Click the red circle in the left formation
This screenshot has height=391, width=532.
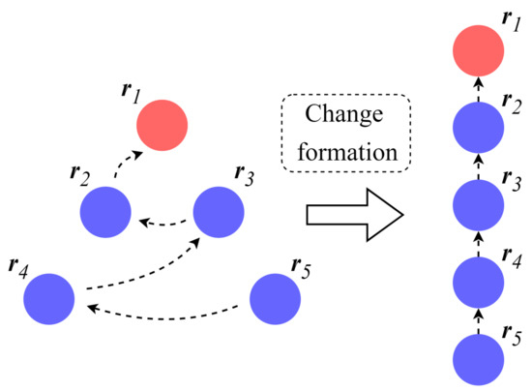162,124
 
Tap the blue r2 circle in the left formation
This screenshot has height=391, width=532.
104,209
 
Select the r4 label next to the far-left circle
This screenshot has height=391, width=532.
16,261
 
